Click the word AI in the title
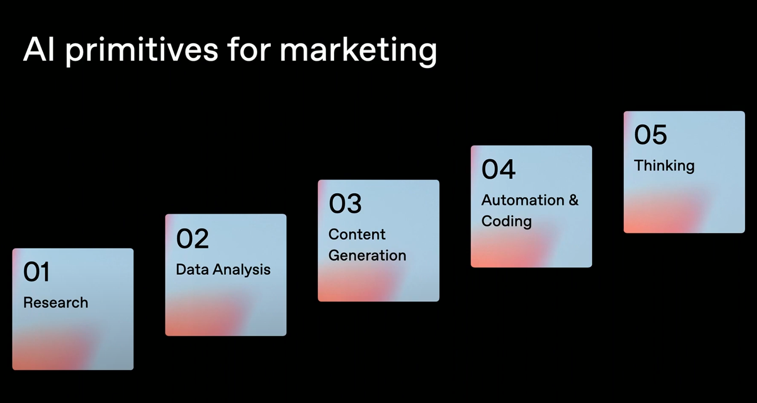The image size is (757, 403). click(39, 50)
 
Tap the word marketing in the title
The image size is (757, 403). click(358, 51)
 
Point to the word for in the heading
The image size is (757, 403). click(249, 50)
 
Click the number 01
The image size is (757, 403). click(36, 272)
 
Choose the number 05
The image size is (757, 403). click(650, 135)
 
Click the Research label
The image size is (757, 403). click(56, 303)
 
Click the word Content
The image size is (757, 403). click(357, 234)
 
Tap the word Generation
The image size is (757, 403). click(368, 255)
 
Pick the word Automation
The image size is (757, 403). click(523, 200)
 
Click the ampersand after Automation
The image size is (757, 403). click(573, 200)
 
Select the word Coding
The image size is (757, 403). click(507, 221)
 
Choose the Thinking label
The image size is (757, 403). click(664, 166)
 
